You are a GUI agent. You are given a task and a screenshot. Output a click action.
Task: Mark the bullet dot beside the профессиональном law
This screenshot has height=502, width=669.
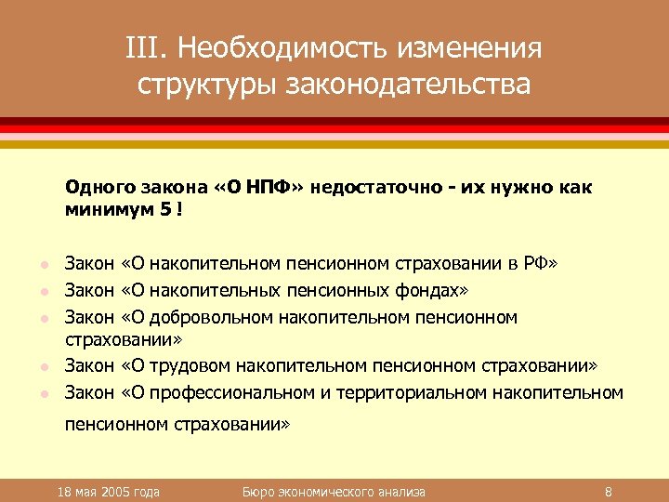click(38, 394)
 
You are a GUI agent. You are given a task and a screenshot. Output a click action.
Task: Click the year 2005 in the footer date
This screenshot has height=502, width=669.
click(116, 491)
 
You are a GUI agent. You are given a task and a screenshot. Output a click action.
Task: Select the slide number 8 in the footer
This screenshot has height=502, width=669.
click(607, 491)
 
